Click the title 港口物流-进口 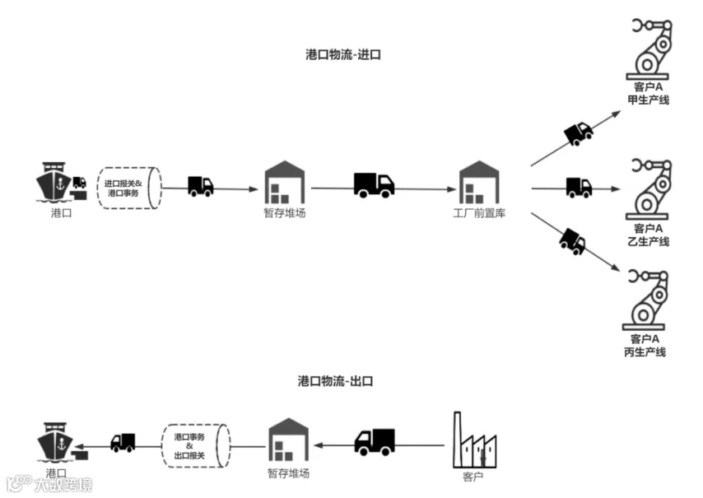click(343, 54)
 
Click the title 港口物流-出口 click(335, 381)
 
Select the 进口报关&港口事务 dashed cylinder click(129, 188)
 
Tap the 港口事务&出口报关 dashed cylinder click(195, 445)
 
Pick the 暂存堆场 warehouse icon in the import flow click(285, 182)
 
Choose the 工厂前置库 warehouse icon click(479, 182)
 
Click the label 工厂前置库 click(479, 213)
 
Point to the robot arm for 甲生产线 click(649, 49)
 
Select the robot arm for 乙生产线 click(649, 189)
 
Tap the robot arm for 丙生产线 click(645, 300)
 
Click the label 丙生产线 click(645, 352)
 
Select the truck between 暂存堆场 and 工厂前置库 click(374, 184)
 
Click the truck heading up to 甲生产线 click(579, 133)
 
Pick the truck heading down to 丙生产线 click(573, 242)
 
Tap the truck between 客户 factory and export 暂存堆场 click(375, 442)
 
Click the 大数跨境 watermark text click(63, 485)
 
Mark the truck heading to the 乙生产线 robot click(579, 188)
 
